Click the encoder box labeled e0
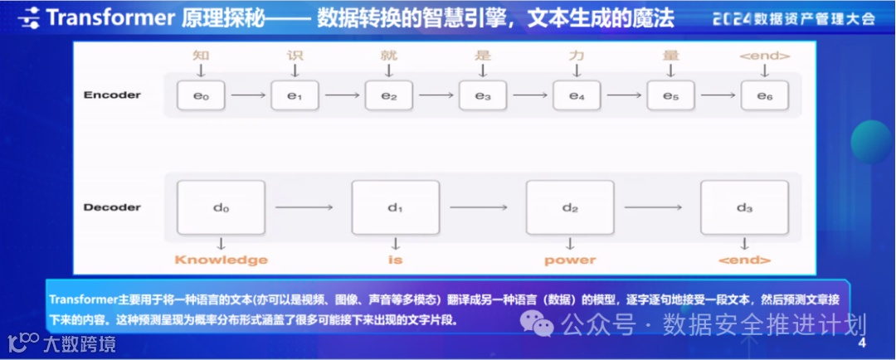[x=201, y=96]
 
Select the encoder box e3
[x=483, y=96]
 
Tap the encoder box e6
[x=765, y=96]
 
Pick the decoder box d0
[x=221, y=207]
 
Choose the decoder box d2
[x=570, y=207]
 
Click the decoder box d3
[x=744, y=207]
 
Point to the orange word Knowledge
[x=221, y=260]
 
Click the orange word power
[x=570, y=260]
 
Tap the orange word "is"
[x=395, y=260]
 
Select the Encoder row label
[x=112, y=95]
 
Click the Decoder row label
[x=112, y=207]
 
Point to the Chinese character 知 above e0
[x=200, y=56]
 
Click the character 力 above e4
[x=577, y=56]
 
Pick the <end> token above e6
[x=764, y=56]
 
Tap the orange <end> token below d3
[x=744, y=260]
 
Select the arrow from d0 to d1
[x=308, y=207]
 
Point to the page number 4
[x=862, y=343]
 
